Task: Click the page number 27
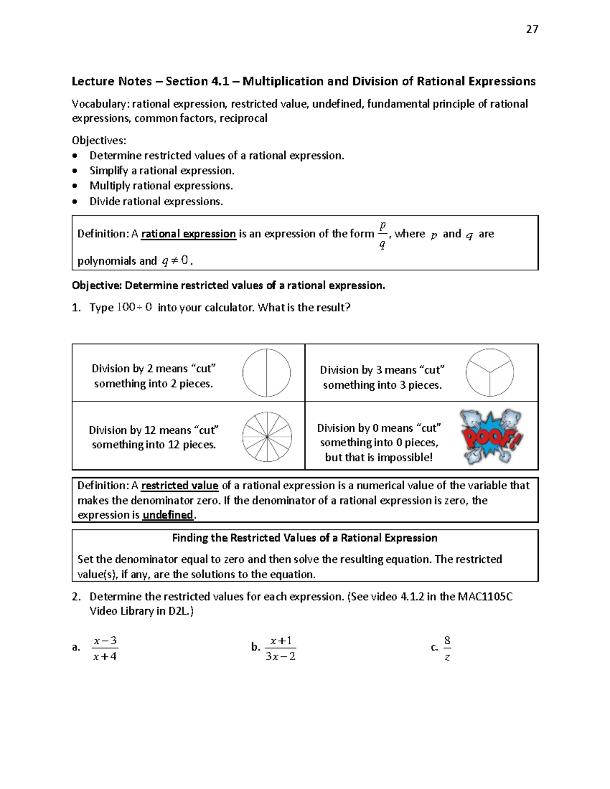[532, 29]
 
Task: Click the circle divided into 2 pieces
[266, 373]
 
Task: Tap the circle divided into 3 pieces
[490, 372]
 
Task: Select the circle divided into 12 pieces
[266, 437]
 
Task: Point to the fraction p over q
[382, 234]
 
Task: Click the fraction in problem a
[105, 648]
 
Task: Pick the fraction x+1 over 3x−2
[281, 648]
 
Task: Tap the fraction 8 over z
[447, 648]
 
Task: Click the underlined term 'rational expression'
[189, 234]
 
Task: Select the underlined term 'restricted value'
[179, 486]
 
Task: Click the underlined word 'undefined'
[168, 515]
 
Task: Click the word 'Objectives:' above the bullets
[99, 140]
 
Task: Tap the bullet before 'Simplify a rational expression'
[76, 171]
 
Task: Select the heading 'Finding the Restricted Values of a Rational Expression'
[304, 538]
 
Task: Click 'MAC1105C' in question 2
[485, 596]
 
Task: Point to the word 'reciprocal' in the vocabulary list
[243, 118]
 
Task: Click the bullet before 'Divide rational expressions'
[76, 202]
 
